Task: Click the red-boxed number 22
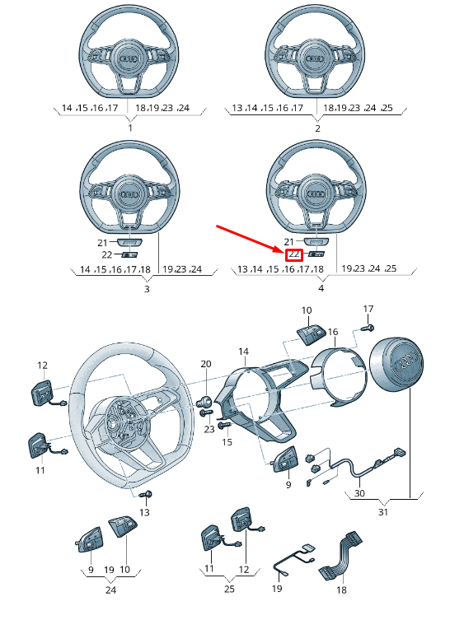(293, 254)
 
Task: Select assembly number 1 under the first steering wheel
(130, 128)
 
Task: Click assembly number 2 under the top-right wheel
(317, 128)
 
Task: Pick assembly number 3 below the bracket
(147, 289)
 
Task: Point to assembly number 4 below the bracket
(321, 288)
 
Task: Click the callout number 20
(206, 364)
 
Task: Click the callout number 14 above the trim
(244, 351)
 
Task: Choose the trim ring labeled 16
(340, 377)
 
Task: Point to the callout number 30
(359, 493)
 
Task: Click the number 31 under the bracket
(383, 512)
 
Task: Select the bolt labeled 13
(146, 495)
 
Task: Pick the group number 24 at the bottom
(110, 590)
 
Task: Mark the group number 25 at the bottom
(229, 589)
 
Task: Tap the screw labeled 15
(224, 426)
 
